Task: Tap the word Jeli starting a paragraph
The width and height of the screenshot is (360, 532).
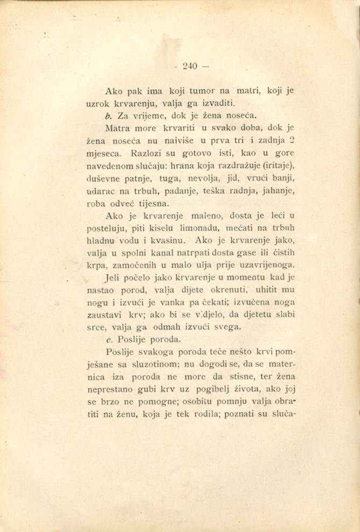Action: pyautogui.click(x=113, y=280)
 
